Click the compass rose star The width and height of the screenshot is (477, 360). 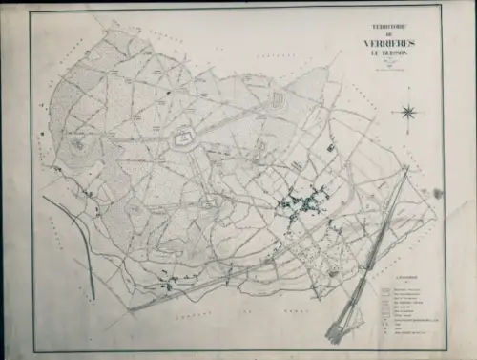pyautogui.click(x=408, y=113)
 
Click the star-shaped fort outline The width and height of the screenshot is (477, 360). pyautogui.click(x=179, y=140)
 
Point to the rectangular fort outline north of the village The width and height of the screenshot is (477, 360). pyautogui.click(x=279, y=99)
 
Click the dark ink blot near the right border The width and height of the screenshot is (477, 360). pyautogui.click(x=438, y=193)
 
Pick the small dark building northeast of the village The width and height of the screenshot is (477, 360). pyautogui.click(x=331, y=148)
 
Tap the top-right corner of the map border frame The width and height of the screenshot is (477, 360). pyautogui.click(x=442, y=9)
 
